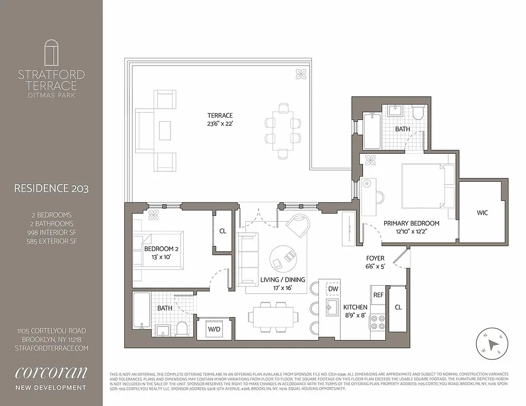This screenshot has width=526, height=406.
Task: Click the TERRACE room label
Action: [x=219, y=115]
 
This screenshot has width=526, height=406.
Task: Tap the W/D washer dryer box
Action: [x=214, y=329]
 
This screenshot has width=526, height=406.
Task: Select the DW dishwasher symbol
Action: [x=333, y=288]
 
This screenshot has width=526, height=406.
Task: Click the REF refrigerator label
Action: [x=378, y=294]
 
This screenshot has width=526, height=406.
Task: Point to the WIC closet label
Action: [x=482, y=213]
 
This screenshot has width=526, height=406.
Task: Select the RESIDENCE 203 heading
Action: [x=51, y=189]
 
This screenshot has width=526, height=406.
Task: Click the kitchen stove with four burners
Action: [x=378, y=322]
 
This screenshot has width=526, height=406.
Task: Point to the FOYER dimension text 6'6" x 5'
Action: [x=375, y=266]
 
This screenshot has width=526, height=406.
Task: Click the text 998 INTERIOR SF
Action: [x=51, y=232]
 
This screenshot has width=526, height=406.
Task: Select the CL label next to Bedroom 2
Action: [x=222, y=230]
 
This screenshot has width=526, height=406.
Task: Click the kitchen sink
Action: [x=333, y=307]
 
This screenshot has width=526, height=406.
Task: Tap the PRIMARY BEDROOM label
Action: [x=411, y=223]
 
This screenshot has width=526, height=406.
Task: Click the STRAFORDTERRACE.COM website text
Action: [x=51, y=348]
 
